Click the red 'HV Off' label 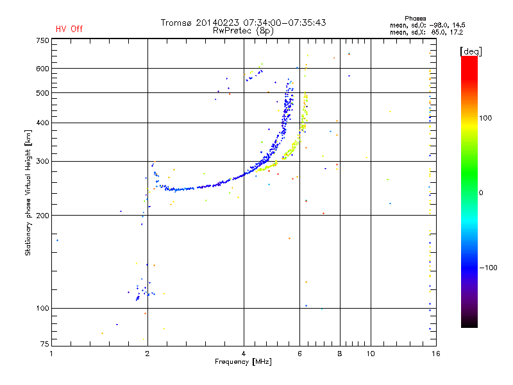[x=69, y=29]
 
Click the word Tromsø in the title [x=175, y=22]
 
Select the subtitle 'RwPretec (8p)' [x=243, y=30]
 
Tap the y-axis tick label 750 [x=42, y=40]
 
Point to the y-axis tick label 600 [x=42, y=69]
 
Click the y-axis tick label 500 [x=42, y=93]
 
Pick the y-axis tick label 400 [x=42, y=123]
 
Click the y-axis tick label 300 [x=42, y=161]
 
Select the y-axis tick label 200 [x=42, y=215]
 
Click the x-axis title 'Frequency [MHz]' [x=243, y=363]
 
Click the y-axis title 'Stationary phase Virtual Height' [x=28, y=193]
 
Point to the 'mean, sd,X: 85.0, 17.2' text [x=426, y=31]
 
